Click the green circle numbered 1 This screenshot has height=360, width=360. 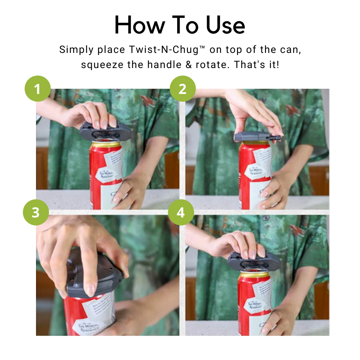[x=38, y=89]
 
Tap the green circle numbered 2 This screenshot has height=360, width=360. [x=183, y=89]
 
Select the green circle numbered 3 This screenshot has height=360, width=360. [x=36, y=212]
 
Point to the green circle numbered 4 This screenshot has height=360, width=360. [x=180, y=212]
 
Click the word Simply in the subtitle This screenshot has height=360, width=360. [x=75, y=50]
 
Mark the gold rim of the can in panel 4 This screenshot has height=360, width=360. [x=254, y=274]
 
